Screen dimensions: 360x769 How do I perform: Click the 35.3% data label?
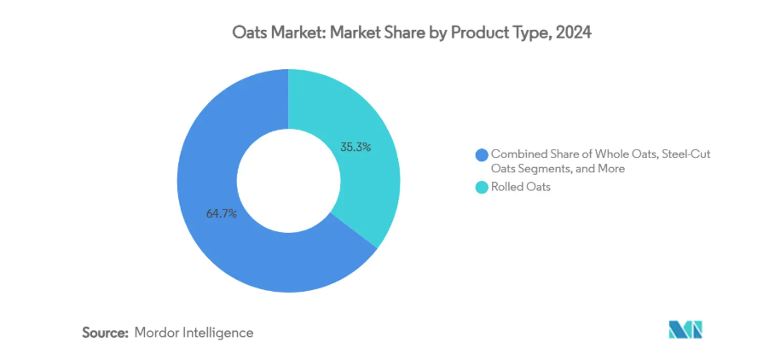(355, 147)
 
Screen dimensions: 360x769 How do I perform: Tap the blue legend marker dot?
(482, 154)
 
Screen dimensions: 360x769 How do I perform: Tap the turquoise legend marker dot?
(482, 188)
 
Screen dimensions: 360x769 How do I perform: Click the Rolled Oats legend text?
(520, 188)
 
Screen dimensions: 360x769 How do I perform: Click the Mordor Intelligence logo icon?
(685, 329)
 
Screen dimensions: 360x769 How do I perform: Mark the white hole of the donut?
(288, 181)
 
